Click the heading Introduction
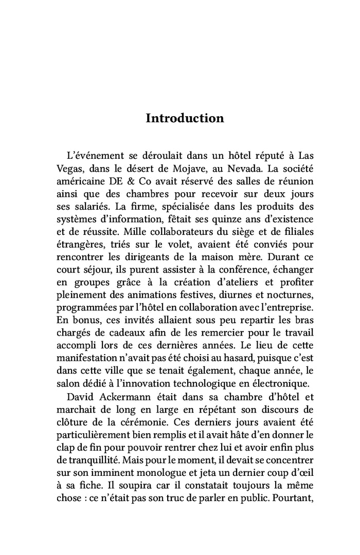185,118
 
